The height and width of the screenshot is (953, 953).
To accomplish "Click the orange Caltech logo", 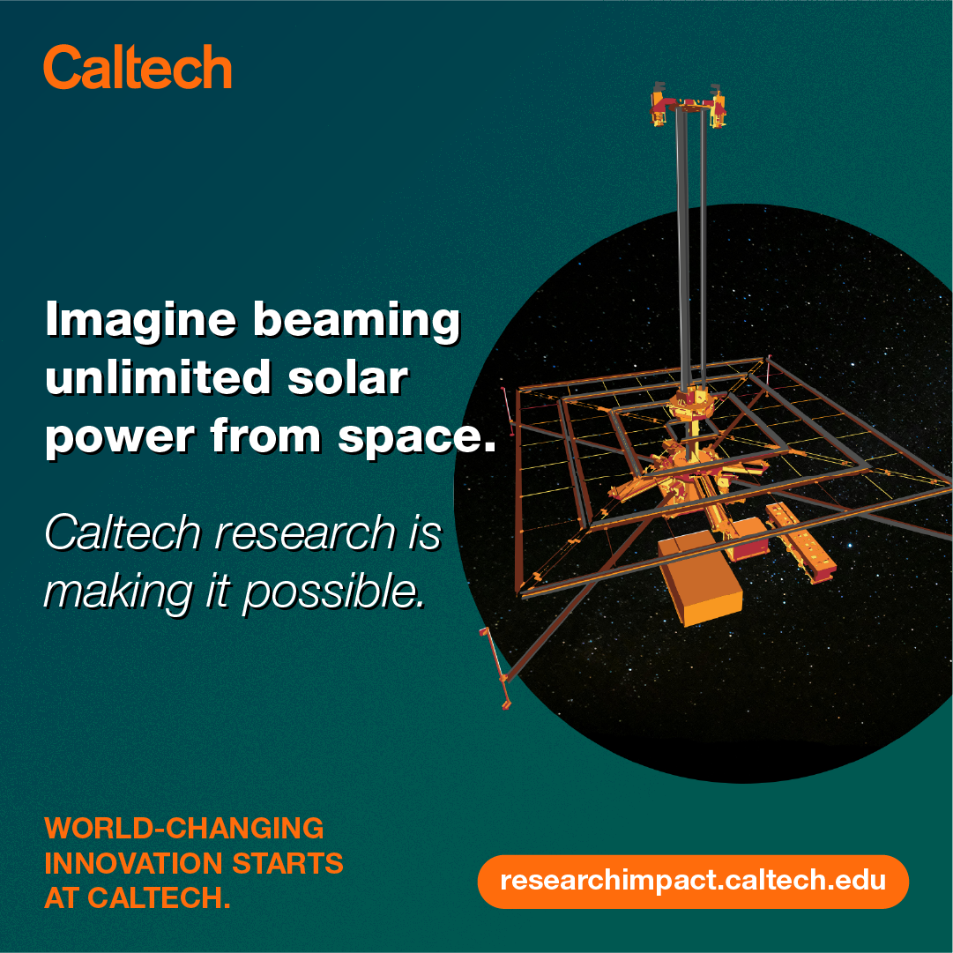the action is coord(138,67).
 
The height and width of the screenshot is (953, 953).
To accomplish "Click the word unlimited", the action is coord(158,376).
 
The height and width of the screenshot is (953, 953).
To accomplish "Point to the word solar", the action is coord(347,377).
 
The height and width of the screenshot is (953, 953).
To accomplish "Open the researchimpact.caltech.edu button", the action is coord(693,882).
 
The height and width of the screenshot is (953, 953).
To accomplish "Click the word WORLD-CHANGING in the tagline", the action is coord(184,828).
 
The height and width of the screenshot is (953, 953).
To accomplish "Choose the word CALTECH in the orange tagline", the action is coord(159,897).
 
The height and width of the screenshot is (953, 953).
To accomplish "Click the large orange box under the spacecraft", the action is coord(701,577).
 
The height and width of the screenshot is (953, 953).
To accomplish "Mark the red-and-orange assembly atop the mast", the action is coord(689,107).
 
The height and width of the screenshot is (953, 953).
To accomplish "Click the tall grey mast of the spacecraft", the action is coord(692,256).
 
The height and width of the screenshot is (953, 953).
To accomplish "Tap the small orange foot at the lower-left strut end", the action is coord(506,704).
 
